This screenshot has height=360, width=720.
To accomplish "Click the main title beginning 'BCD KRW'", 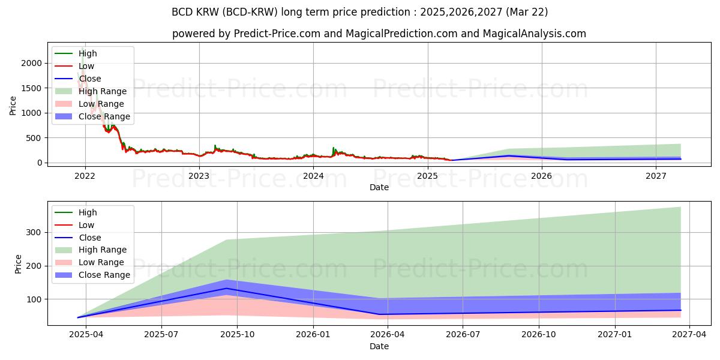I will coord(359,12).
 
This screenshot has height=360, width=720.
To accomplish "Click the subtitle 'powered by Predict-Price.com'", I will coord(379,34).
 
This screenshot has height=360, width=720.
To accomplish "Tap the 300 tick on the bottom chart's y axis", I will coord(35,232).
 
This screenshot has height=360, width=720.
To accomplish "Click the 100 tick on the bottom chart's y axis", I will coord(35,299).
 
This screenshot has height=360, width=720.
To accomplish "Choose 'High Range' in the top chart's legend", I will coord(102,91).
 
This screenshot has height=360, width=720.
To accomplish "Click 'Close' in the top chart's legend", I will coord(90,79).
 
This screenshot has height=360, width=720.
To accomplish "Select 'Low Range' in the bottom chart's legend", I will coord(101,262).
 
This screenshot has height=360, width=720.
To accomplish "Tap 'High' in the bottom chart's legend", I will coord(88,212).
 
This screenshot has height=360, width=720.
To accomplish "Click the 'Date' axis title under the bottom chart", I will coord(379,346).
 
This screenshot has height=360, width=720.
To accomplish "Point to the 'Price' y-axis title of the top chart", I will coord(13,105).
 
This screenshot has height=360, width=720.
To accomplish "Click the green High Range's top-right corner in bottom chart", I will coord(680,207).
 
